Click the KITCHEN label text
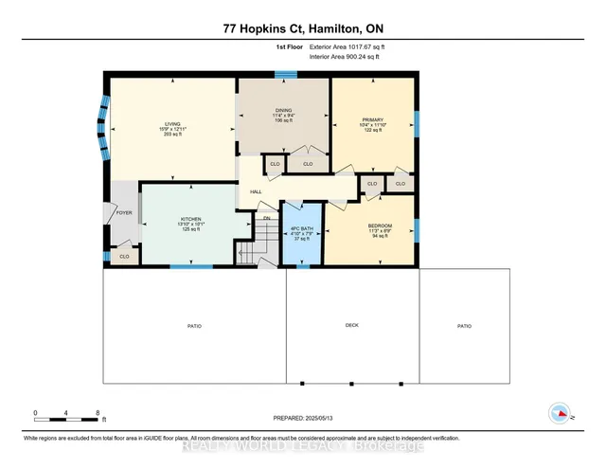(x=192, y=219)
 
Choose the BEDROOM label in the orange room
(x=380, y=225)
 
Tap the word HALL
(x=256, y=192)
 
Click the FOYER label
(x=124, y=213)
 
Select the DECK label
(x=351, y=326)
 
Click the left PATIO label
(x=194, y=326)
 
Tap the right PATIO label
(x=464, y=326)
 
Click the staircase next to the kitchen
(x=248, y=251)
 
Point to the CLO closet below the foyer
(x=124, y=256)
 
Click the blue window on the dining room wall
(x=284, y=73)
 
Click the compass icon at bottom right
(x=560, y=413)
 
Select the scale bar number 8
(x=98, y=413)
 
